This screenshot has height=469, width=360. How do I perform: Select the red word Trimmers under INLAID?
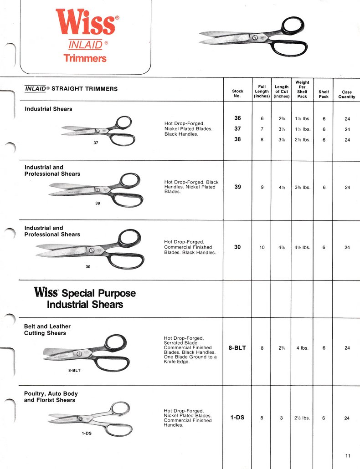(x=85, y=58)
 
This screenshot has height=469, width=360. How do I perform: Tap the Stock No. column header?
(x=237, y=93)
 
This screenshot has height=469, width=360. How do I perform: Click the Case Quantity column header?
(x=347, y=94)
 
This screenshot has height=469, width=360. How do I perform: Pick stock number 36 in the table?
(x=237, y=118)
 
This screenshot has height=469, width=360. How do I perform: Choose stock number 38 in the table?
(x=237, y=139)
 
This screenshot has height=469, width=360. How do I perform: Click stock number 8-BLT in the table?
(x=237, y=348)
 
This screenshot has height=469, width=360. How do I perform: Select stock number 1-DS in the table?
(x=237, y=417)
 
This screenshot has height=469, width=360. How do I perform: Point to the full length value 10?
(x=262, y=248)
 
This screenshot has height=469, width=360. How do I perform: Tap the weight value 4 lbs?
(x=302, y=348)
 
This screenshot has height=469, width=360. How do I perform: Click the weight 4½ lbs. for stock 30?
(x=302, y=248)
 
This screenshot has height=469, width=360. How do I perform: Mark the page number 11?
(x=348, y=456)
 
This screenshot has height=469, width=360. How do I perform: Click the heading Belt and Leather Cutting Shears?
(x=47, y=330)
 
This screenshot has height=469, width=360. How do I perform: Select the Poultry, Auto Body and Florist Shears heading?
(x=51, y=397)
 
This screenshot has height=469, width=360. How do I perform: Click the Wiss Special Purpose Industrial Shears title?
(x=85, y=298)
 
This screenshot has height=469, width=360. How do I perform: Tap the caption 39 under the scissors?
(x=98, y=203)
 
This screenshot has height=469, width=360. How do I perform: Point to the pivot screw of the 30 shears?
(x=92, y=250)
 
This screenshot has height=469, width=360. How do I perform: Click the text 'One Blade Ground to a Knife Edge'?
(x=190, y=359)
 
